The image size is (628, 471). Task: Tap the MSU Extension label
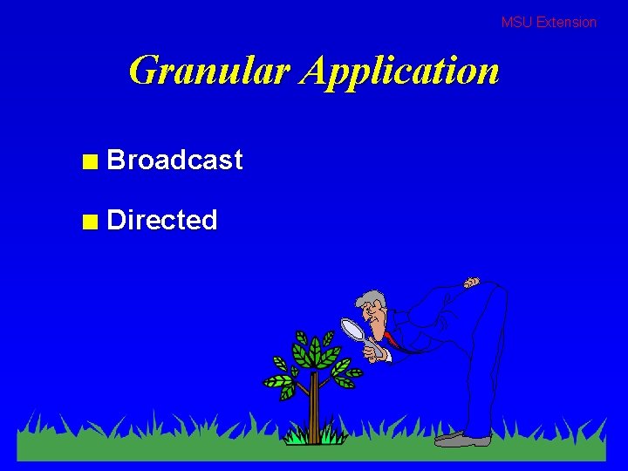549,23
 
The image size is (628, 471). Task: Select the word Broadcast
174,160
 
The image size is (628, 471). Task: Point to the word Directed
161,220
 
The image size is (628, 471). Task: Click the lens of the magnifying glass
352,328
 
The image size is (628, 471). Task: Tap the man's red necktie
393,339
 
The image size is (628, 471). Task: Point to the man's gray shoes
462,439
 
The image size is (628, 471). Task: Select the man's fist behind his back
471,283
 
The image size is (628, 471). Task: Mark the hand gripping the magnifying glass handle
378,353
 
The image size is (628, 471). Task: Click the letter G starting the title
144,71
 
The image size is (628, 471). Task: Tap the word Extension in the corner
566,23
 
